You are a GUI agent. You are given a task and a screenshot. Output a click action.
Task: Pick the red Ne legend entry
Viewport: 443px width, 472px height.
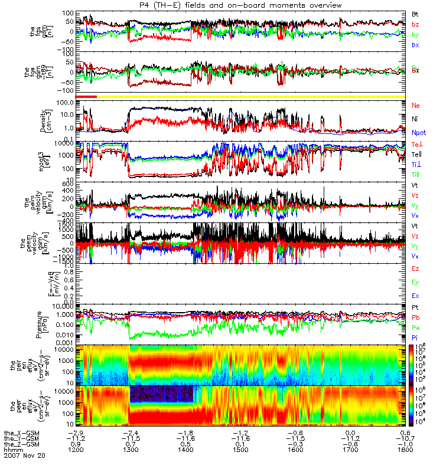click(416, 106)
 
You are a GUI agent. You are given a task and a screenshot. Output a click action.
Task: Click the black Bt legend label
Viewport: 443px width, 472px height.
click(415, 13)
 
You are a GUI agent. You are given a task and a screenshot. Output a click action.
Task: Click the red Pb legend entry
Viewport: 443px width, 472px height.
click(416, 318)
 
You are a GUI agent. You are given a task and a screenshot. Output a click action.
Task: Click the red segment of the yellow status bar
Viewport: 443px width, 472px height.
click(86, 96)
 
